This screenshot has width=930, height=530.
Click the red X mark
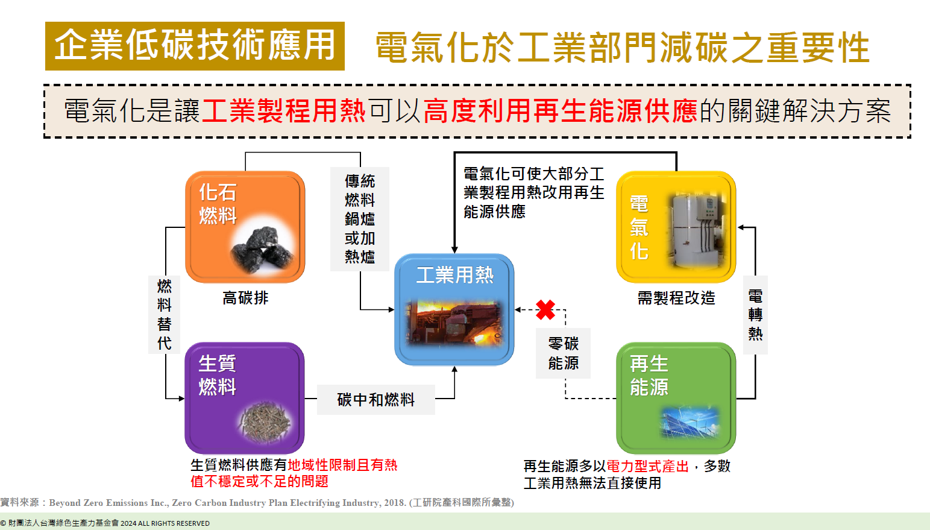pos(545,310)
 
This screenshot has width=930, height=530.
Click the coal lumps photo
pos(264,249)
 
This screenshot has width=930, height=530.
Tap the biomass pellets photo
pos(265,421)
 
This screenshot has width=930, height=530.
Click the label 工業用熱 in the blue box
pos(454,275)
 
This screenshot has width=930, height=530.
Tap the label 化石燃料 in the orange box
pos(218,204)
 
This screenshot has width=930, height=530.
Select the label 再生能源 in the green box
pos(649,375)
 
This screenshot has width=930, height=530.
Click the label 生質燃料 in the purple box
pos(217,375)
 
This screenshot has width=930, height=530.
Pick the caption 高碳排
pos(245,298)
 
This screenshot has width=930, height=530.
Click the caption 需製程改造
pos(676,298)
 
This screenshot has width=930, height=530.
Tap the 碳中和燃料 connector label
pos(375,400)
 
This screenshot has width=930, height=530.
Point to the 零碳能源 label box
pos(563,353)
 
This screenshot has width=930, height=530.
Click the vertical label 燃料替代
pos(164,314)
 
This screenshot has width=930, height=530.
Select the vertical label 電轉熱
pos(755,315)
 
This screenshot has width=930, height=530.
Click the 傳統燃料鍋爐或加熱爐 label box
pos(360,219)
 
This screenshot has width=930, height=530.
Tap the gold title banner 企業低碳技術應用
pos(195,46)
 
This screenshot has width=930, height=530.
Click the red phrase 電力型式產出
pos(647,466)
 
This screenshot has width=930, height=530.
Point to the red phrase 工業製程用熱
pos(283,111)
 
